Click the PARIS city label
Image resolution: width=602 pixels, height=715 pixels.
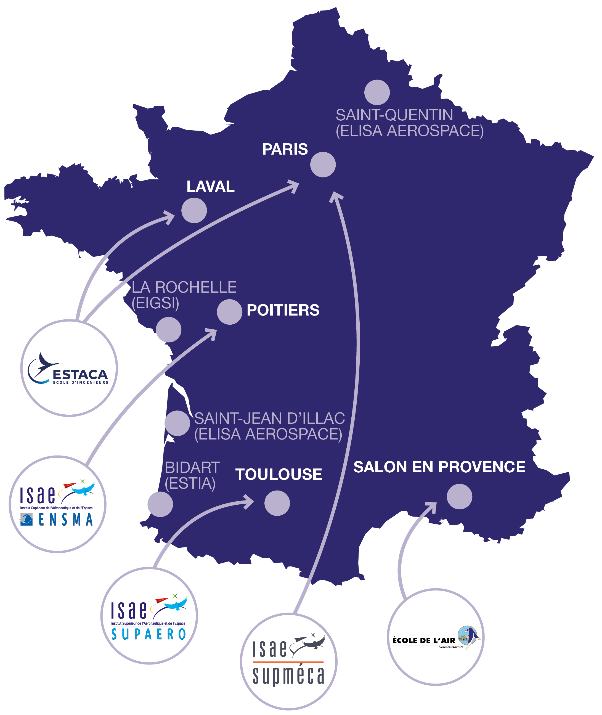285,149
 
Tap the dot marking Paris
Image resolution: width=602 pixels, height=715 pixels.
323,165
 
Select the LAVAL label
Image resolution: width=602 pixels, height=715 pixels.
211,186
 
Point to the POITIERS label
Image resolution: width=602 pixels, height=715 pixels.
283,310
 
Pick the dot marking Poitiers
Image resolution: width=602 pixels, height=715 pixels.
230,312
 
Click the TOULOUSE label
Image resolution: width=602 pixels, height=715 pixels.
279,474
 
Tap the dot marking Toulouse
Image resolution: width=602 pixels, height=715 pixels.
277,503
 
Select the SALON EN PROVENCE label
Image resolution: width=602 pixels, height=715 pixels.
439,467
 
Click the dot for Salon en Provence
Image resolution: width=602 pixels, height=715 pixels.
459,497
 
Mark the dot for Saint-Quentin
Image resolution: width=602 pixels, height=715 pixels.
377,92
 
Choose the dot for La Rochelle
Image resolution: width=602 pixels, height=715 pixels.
169,330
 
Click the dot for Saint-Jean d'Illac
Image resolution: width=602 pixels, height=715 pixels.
177,423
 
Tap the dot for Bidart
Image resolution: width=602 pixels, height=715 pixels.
160,504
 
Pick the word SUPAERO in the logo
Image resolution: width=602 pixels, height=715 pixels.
149,634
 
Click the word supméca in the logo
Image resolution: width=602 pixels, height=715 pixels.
288,676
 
